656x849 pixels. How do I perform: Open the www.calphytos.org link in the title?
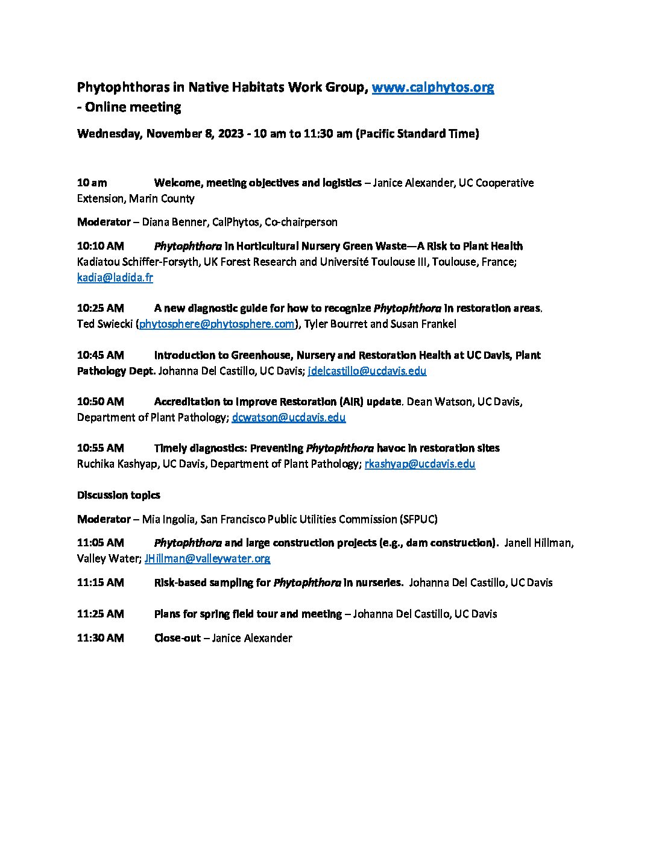click(432, 87)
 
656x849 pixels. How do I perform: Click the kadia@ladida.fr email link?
click(115, 277)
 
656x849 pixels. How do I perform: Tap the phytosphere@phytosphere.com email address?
click(217, 324)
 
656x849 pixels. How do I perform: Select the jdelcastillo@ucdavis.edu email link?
click(367, 371)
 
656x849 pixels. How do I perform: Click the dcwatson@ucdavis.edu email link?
click(288, 417)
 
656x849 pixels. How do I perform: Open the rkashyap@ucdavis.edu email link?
click(420, 464)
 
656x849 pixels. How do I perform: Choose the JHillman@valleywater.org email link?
click(207, 558)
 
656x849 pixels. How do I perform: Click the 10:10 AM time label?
click(100, 246)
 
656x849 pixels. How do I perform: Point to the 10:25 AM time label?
click(100, 308)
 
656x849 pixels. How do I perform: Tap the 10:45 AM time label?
click(100, 355)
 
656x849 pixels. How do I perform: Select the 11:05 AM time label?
click(100, 543)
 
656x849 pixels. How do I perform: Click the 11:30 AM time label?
click(100, 638)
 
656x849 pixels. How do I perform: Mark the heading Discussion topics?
click(118, 495)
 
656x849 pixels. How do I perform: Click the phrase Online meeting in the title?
click(133, 107)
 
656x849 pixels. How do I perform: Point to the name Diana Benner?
click(174, 222)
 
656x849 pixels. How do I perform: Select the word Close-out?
click(177, 638)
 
